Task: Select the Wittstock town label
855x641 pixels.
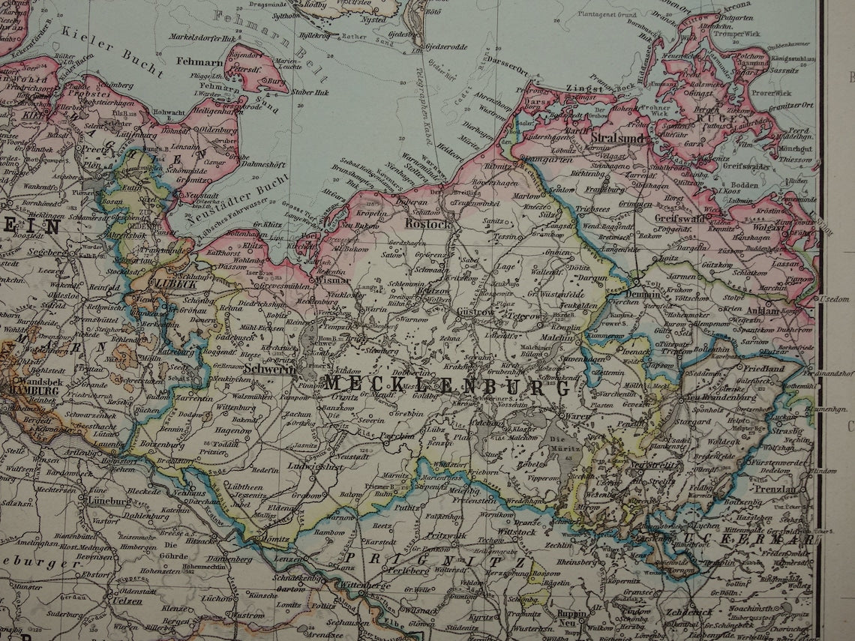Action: (x=516, y=531)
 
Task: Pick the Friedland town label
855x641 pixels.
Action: (x=764, y=369)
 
